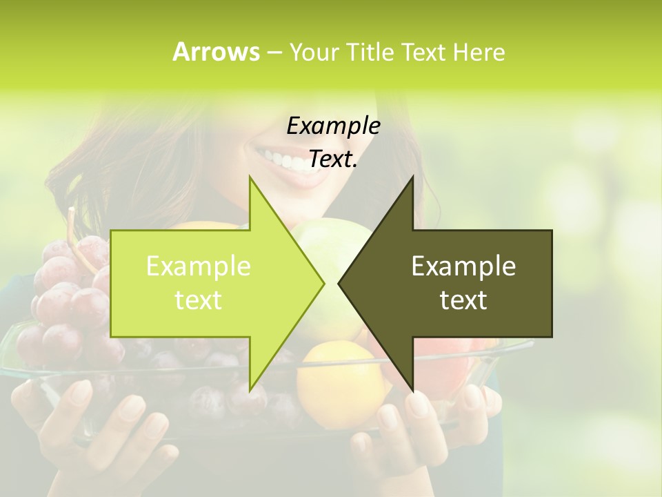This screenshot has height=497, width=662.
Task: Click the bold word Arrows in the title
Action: click(216, 52)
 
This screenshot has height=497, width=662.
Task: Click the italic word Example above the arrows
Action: click(333, 126)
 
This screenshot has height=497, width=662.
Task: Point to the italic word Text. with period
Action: click(333, 159)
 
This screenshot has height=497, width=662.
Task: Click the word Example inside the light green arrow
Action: click(199, 266)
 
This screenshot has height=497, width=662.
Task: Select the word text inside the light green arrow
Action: click(199, 300)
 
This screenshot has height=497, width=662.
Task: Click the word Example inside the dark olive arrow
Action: click(463, 266)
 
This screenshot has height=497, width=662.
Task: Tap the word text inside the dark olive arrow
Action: click(463, 300)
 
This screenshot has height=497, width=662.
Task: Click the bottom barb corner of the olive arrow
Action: click(412, 389)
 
